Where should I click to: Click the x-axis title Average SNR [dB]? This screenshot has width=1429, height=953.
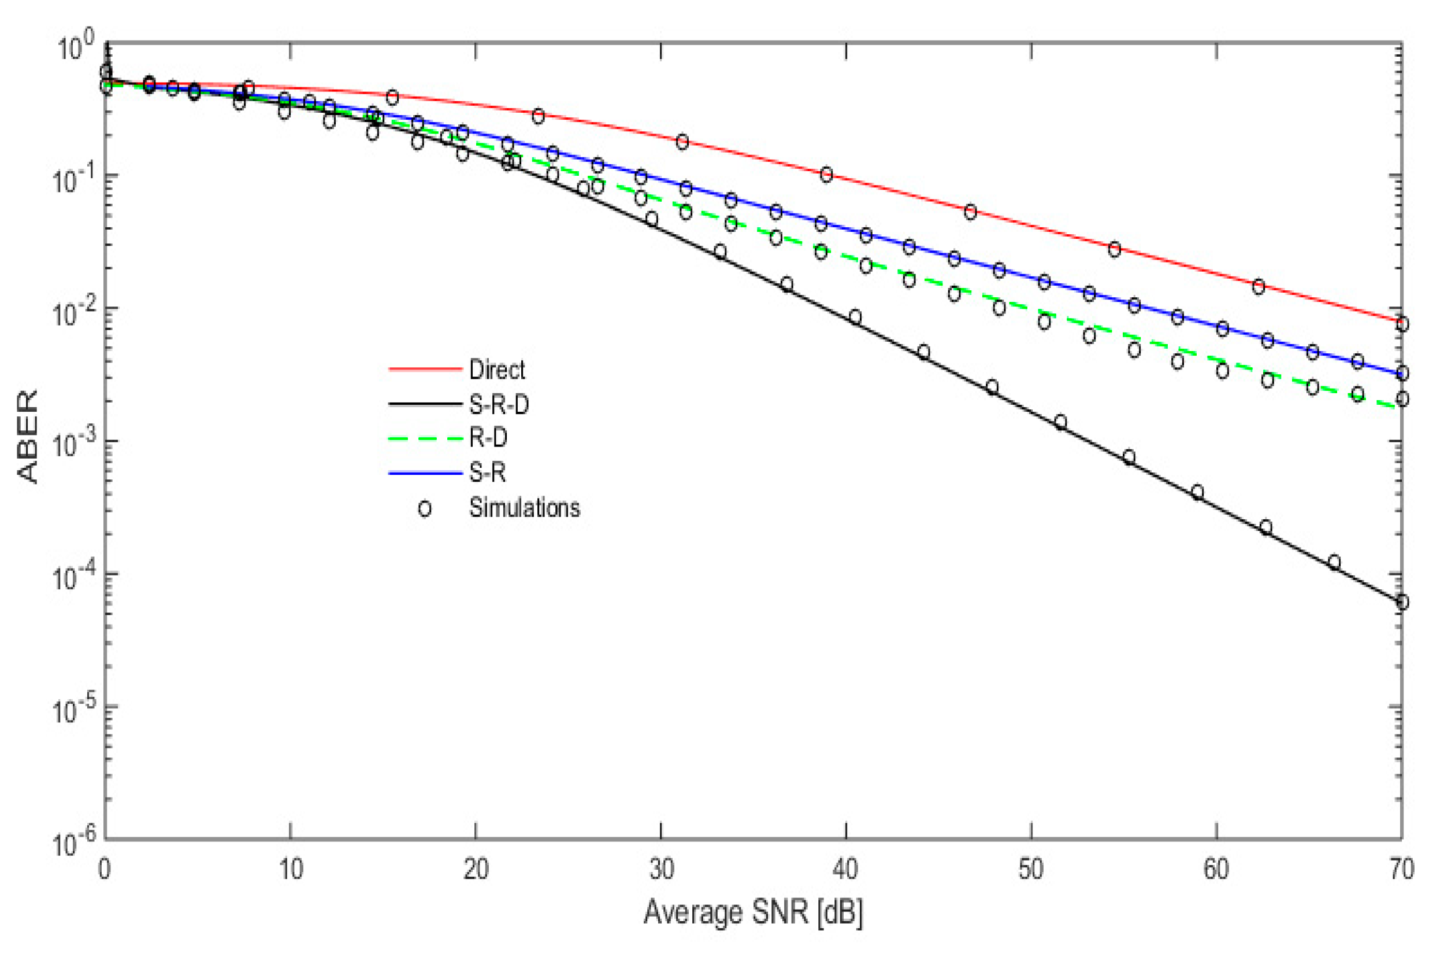(x=753, y=913)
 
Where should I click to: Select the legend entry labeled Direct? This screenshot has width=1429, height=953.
(x=497, y=370)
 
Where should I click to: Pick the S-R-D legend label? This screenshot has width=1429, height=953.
(x=499, y=404)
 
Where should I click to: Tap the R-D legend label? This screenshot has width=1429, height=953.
(x=488, y=438)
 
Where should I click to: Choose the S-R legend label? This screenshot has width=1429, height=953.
(x=487, y=472)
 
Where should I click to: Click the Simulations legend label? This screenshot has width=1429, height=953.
(x=524, y=508)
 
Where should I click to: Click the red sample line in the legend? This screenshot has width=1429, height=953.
(x=425, y=369)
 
